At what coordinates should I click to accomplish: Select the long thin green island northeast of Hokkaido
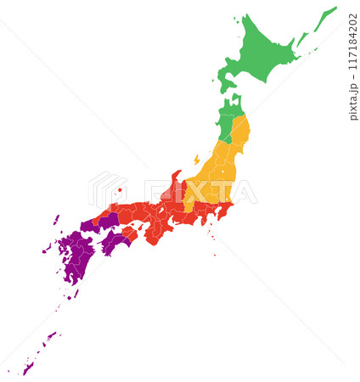[x=325, y=20]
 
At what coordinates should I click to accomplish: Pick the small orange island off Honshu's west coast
[x=197, y=159]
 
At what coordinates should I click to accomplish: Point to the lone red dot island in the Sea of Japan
[x=120, y=190]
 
